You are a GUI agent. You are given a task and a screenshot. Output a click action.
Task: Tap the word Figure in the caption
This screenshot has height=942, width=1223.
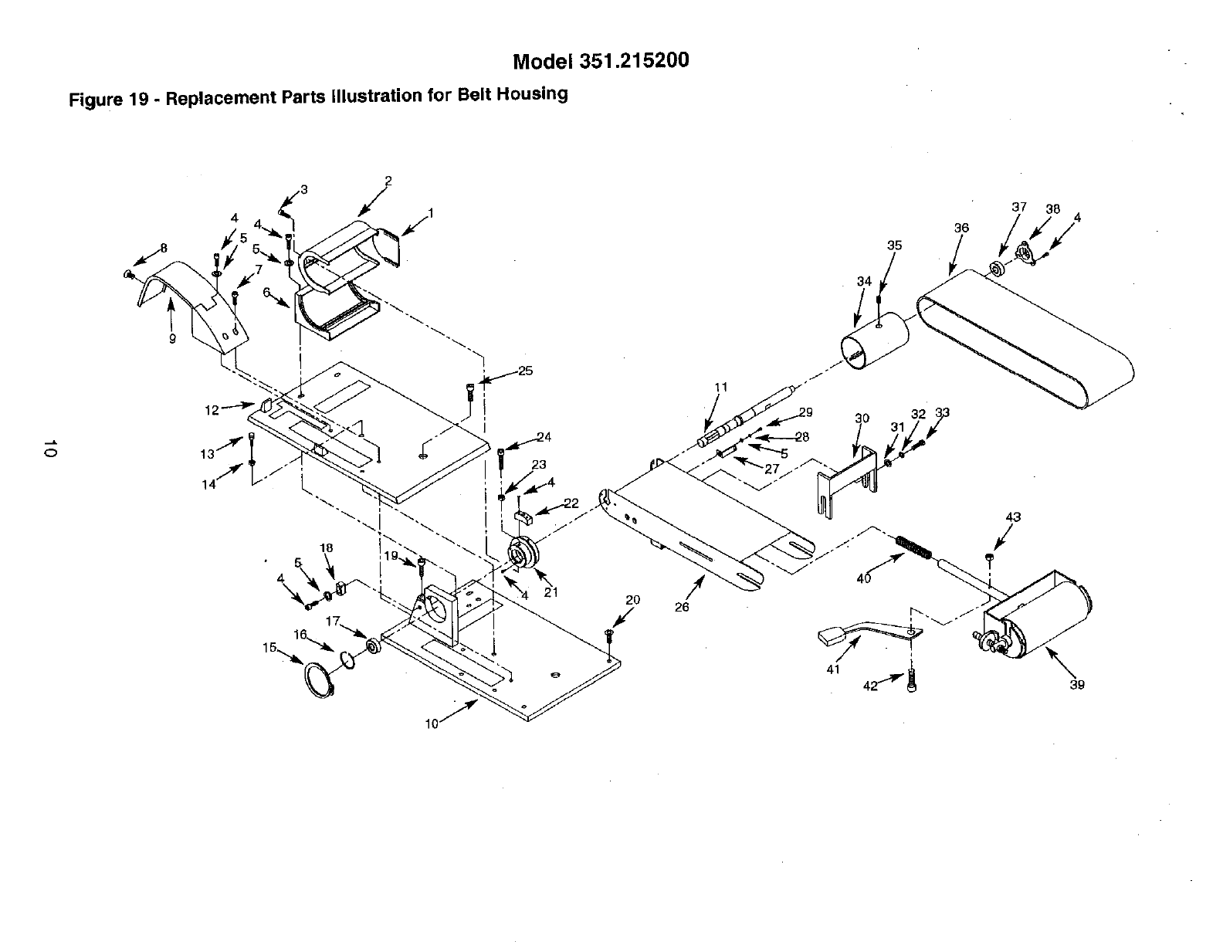[93, 100]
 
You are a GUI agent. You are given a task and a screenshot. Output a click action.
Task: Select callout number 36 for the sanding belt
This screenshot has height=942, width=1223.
[961, 229]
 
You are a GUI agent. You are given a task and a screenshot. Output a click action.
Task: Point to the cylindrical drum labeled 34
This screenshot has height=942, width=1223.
[874, 342]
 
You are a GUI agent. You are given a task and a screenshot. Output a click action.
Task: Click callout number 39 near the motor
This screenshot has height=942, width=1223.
[1077, 684]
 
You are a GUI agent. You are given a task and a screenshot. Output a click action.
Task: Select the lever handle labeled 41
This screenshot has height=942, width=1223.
[865, 634]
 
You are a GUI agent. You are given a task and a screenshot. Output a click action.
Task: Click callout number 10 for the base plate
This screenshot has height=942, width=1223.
[431, 723]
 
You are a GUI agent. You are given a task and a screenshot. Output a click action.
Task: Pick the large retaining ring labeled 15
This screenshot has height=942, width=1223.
[317, 679]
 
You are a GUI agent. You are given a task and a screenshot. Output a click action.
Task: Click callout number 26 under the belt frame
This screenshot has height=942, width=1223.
[682, 607]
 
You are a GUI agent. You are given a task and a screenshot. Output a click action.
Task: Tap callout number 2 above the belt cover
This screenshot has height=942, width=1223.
[388, 181]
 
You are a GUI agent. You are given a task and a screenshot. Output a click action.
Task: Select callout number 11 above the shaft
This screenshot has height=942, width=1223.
[720, 387]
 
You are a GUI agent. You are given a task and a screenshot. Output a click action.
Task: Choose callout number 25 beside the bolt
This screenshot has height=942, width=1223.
[525, 371]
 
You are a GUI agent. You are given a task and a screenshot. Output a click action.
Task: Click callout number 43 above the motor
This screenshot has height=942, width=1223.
[1014, 517]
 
